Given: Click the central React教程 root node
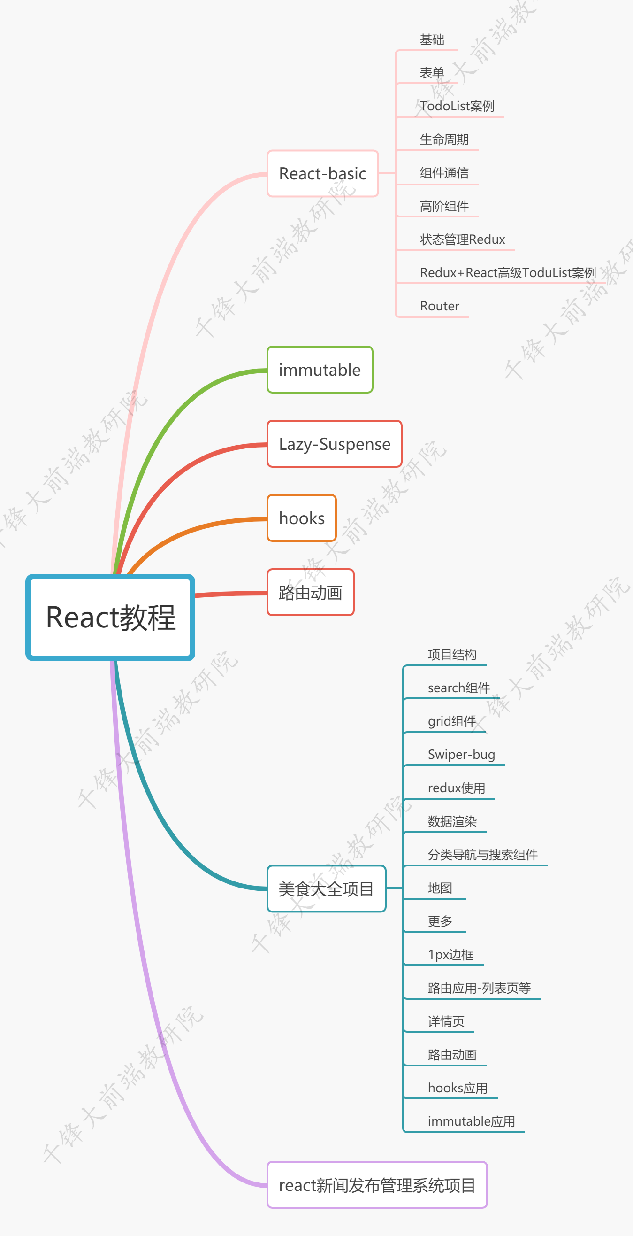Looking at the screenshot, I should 110,617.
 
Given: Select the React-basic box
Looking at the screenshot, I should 322,174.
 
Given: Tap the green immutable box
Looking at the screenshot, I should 320,370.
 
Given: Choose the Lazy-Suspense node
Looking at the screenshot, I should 334,444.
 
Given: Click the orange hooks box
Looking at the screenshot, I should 302,518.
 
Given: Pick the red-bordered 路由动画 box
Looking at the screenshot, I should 310,593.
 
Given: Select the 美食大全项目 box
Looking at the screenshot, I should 326,889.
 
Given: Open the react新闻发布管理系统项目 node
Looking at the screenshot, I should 377,1185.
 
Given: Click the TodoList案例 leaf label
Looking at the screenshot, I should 457,106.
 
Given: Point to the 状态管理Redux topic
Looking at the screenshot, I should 462,239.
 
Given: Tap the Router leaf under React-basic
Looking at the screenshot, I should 439,306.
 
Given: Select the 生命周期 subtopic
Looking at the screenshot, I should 444,139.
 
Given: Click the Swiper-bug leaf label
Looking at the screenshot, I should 461,755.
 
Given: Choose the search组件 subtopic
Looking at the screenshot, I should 458,688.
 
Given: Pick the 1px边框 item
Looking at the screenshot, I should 450,955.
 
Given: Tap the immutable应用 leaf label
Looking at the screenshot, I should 471,1121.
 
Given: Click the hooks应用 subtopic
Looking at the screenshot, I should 458,1088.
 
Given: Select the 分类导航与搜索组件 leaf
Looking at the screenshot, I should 482,855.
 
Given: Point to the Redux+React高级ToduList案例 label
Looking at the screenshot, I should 508,273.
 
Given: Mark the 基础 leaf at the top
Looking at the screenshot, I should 432,39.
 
